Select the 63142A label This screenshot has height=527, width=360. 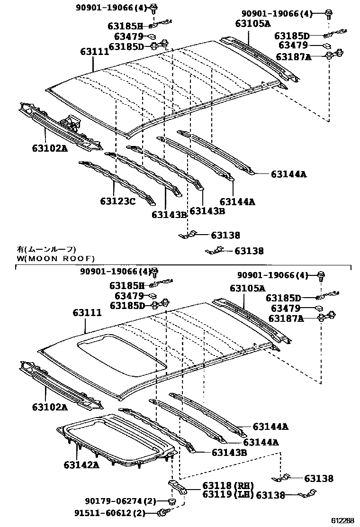tap(81, 464)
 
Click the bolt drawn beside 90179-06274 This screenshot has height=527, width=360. tap(172, 501)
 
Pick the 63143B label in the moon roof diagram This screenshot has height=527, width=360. tap(229, 453)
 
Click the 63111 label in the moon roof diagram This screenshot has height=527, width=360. tap(87, 313)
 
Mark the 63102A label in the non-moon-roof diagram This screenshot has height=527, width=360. tap(50, 148)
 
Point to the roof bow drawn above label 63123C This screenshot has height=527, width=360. tap(116, 180)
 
